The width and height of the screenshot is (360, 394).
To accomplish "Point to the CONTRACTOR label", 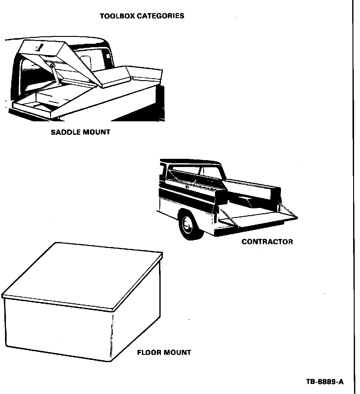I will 267,242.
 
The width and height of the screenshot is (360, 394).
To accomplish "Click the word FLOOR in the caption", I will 149,353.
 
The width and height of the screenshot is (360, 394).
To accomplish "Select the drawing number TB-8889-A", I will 325,382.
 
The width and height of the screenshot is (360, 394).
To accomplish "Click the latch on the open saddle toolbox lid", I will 39,48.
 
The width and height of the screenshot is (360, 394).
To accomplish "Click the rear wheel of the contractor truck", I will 188,225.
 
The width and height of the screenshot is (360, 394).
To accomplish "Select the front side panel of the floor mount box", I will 58,328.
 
